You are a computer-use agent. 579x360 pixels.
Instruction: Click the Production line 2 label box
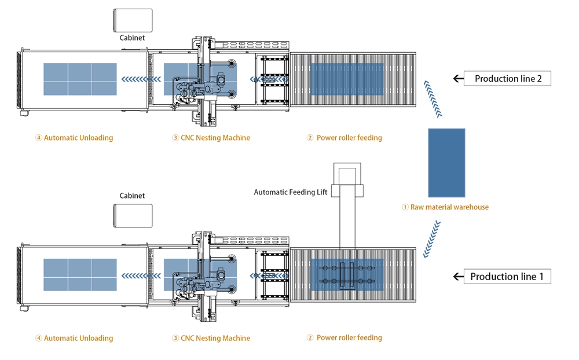click(507, 79)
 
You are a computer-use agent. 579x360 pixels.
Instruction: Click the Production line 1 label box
click(507, 277)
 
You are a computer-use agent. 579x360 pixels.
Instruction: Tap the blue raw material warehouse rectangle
click(446, 163)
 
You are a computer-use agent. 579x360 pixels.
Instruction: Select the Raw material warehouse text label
click(445, 207)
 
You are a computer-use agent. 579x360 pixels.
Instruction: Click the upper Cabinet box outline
click(133, 21)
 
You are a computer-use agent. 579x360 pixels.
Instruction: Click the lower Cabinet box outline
click(133, 216)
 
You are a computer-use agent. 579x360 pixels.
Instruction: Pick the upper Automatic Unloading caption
click(74, 138)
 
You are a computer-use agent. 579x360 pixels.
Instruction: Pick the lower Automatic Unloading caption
click(74, 338)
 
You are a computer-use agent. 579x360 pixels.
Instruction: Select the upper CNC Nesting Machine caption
click(211, 138)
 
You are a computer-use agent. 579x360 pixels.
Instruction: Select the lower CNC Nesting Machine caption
click(211, 338)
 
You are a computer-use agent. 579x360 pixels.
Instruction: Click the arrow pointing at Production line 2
click(459, 78)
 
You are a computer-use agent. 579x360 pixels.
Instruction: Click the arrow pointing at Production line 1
click(459, 277)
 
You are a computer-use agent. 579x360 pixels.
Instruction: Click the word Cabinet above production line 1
click(132, 196)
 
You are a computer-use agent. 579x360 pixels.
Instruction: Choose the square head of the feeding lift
click(347, 175)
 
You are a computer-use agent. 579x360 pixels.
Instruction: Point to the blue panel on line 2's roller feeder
click(347, 79)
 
